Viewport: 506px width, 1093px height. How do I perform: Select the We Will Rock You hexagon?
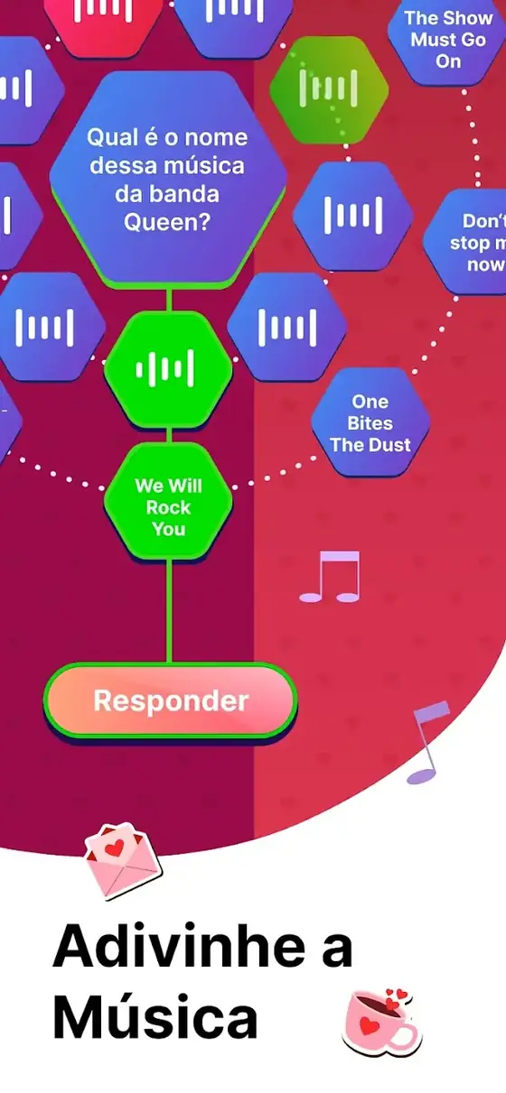168,502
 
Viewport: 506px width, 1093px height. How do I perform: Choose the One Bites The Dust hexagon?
370,422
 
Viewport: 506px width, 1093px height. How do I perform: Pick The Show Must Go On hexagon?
448,40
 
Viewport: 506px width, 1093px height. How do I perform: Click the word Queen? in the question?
167,222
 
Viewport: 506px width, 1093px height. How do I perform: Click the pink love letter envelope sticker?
122,860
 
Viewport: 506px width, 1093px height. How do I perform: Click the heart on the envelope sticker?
115,848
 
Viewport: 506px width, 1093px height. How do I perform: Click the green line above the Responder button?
169,611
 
